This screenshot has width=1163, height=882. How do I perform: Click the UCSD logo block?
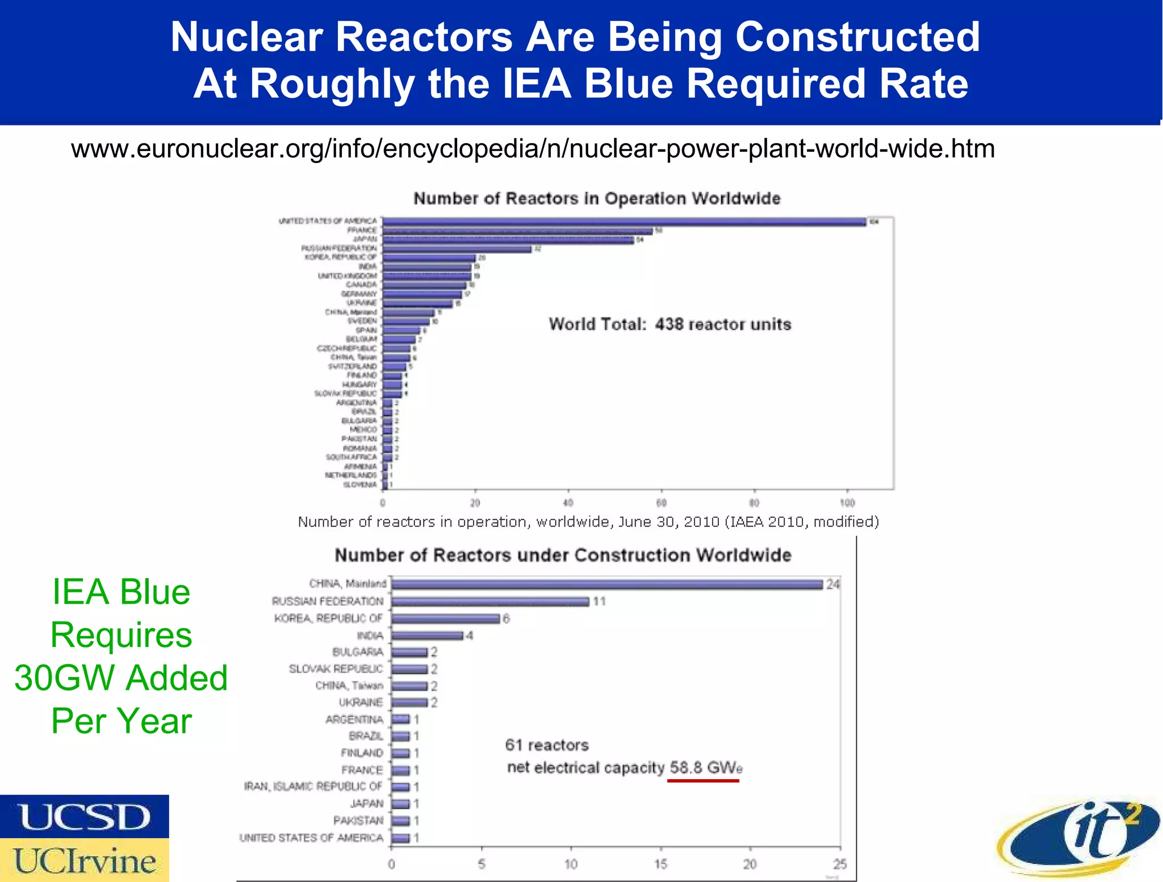tap(84, 816)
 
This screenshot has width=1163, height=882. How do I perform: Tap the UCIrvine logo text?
tap(84, 860)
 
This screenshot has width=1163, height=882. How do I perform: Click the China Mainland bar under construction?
tap(606, 584)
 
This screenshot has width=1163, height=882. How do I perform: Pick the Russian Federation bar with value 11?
tap(490, 601)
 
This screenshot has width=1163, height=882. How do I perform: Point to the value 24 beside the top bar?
tap(833, 584)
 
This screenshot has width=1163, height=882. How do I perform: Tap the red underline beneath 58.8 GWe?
tap(703, 781)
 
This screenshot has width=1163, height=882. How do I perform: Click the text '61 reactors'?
tap(547, 745)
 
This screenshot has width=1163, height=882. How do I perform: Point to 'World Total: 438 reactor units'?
tap(670, 324)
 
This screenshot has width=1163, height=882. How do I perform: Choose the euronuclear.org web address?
tap(533, 149)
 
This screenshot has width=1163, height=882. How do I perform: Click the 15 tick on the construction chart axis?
tap(660, 864)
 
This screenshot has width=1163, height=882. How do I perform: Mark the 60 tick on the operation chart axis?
tap(661, 503)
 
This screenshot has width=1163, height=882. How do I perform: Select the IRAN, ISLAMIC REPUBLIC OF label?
tap(313, 787)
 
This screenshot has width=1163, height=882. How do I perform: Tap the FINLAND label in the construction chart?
tap(362, 753)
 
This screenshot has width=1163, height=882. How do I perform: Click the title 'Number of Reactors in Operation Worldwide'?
tap(597, 198)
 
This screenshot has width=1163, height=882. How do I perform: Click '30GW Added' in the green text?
tap(121, 678)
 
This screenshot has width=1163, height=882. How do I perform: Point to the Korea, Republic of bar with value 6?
tap(445, 618)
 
